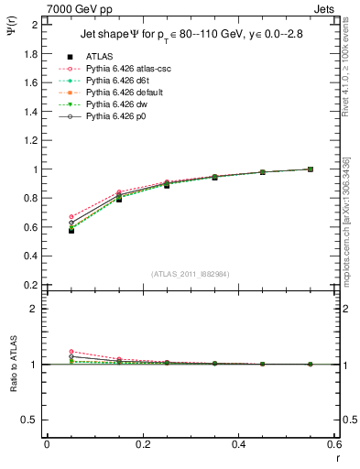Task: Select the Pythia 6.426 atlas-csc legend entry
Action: point(125,69)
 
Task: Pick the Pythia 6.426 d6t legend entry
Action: point(118,81)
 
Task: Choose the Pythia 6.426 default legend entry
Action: point(125,93)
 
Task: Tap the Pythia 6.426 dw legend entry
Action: point(116,104)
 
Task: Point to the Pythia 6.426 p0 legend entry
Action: point(116,116)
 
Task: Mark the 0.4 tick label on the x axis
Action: point(238,444)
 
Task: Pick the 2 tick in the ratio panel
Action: point(34,309)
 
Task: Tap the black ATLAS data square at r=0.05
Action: point(71,230)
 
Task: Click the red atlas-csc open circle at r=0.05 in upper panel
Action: point(71,217)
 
